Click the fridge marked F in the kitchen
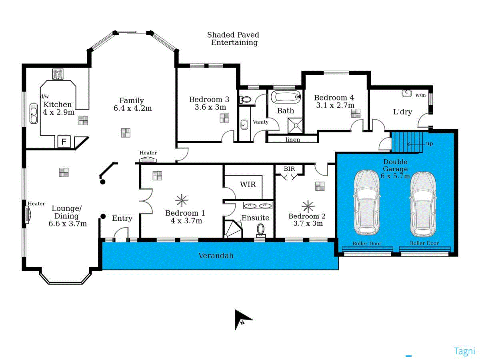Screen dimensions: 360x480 (x=64, y=142)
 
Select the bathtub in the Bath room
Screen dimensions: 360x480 (x=286, y=97)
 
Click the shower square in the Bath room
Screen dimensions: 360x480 (x=296, y=125)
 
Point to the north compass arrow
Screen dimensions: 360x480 (x=242, y=319)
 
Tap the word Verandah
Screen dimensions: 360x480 (x=216, y=255)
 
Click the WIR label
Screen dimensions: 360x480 (x=248, y=185)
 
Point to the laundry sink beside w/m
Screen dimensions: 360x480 (x=406, y=93)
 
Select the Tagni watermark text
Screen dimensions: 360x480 (x=464, y=351)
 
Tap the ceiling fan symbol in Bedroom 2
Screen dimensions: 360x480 (x=308, y=206)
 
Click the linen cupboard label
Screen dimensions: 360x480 (x=293, y=140)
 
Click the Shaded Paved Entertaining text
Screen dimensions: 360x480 (x=233, y=39)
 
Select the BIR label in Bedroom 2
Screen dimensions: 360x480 (x=289, y=169)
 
